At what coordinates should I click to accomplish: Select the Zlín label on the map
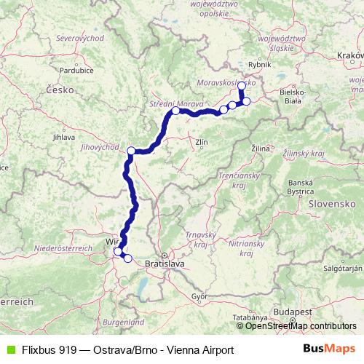click(x=202, y=143)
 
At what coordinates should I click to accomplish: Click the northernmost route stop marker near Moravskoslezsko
click(x=242, y=86)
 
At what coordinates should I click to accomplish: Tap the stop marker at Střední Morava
click(x=175, y=111)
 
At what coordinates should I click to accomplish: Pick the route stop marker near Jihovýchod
click(x=132, y=151)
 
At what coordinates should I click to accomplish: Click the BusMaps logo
click(x=328, y=349)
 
